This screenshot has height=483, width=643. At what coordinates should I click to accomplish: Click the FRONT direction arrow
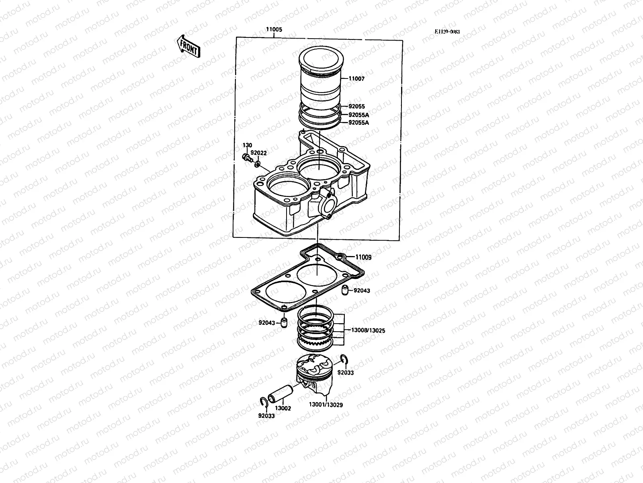pos(188,45)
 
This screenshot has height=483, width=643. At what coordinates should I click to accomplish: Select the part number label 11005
pos(274,30)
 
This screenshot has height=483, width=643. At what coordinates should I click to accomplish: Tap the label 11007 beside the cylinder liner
pos(356,79)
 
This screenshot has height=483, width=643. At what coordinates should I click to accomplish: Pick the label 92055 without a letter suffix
pos(356,107)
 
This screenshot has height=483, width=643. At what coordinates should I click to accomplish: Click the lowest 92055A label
pos(358,122)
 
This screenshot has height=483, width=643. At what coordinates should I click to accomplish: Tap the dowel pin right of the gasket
pos(344,291)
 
